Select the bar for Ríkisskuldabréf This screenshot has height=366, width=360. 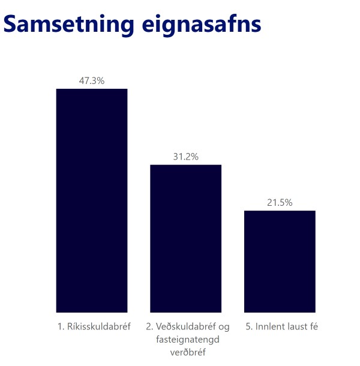point(92,200)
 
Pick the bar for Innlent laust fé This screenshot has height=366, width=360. point(280,261)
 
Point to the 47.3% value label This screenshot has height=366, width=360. point(92,81)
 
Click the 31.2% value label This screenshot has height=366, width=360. point(185,157)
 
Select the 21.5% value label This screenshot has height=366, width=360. point(280,203)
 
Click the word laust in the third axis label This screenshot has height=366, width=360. point(295,327)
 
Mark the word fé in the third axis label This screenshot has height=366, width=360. point(312,327)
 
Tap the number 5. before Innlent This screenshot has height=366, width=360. point(249,327)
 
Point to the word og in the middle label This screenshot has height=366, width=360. point(224,328)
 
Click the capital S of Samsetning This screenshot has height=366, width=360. point(11,25)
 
